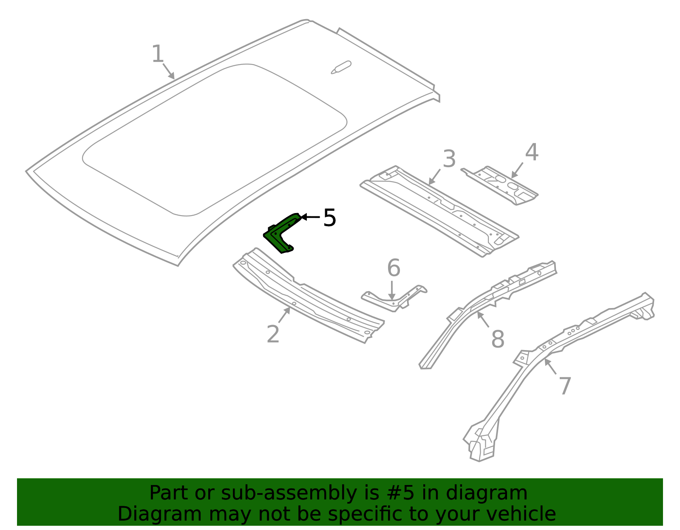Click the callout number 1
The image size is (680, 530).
[158, 54]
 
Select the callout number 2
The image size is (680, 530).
[273, 334]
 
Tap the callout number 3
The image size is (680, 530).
[449, 159]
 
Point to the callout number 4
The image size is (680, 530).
[532, 152]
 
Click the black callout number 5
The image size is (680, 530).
[329, 218]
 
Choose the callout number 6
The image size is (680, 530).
[394, 267]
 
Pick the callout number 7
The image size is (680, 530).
[565, 386]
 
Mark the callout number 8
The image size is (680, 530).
[498, 339]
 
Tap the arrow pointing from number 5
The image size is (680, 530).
[310, 216]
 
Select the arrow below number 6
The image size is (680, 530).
[391, 290]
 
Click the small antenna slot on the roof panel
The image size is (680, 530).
[341, 67]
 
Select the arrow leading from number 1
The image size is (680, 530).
[168, 71]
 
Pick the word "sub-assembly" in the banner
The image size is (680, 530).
[289, 494]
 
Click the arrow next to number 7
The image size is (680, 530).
[550, 366]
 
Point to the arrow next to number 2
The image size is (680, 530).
[284, 315]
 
